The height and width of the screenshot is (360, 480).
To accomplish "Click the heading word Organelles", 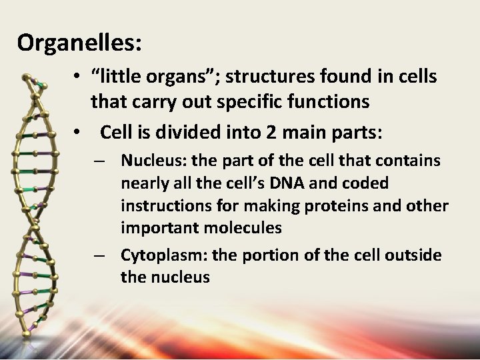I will tap(78, 43).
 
